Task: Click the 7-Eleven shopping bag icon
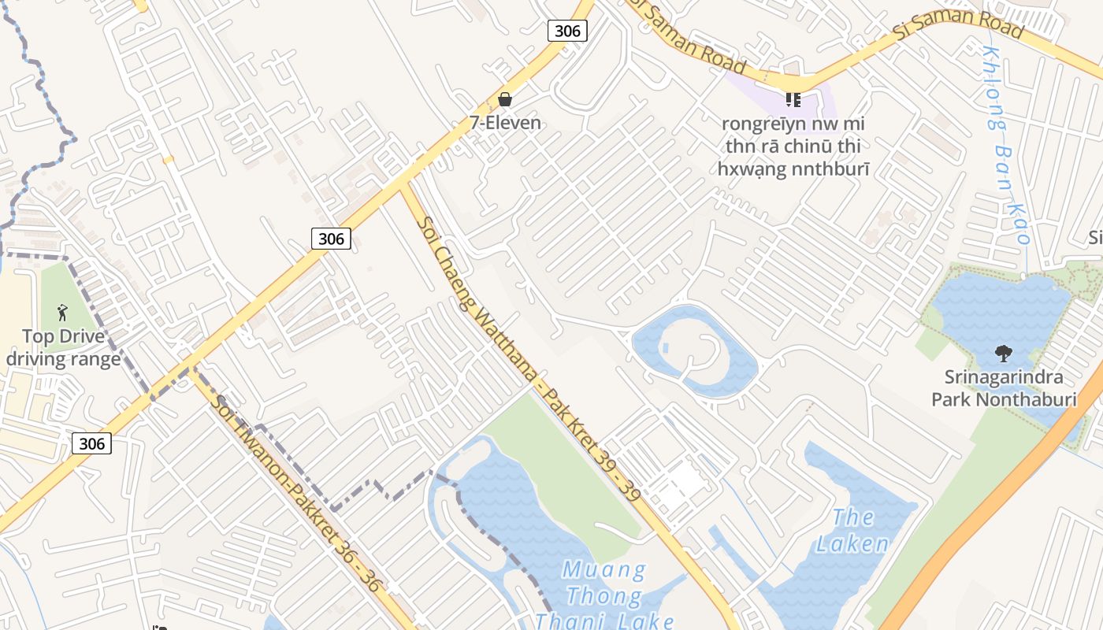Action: click(x=505, y=99)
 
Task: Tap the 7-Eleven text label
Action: click(x=505, y=123)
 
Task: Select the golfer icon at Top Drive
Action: click(x=63, y=313)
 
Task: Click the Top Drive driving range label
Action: click(x=63, y=348)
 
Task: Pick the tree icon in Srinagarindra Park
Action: click(x=1003, y=353)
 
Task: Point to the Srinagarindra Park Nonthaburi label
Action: click(x=1004, y=388)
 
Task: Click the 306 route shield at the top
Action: click(x=567, y=31)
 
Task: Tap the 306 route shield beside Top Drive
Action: click(x=92, y=443)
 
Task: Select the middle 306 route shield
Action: click(x=330, y=238)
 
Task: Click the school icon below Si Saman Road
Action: click(x=793, y=99)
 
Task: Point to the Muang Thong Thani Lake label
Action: click(x=604, y=595)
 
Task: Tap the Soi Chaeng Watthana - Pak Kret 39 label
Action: click(x=528, y=358)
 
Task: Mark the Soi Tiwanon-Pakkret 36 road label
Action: click(x=295, y=488)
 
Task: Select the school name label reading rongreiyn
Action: click(x=793, y=146)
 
